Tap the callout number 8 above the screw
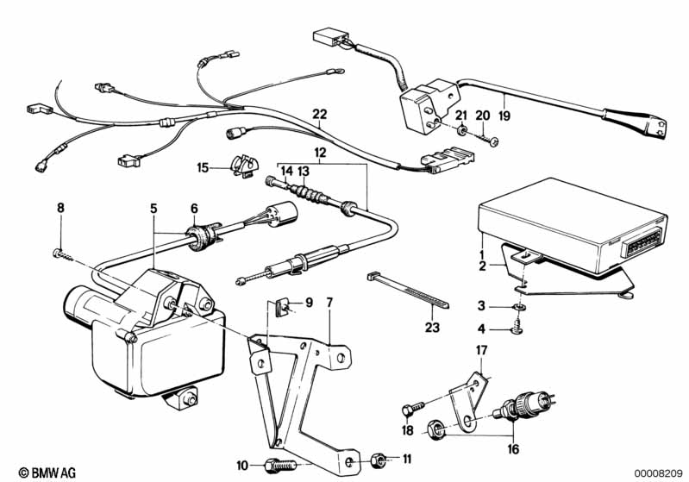point(60,208)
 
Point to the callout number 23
point(431,326)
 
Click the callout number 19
point(504,114)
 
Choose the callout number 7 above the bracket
point(328,302)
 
